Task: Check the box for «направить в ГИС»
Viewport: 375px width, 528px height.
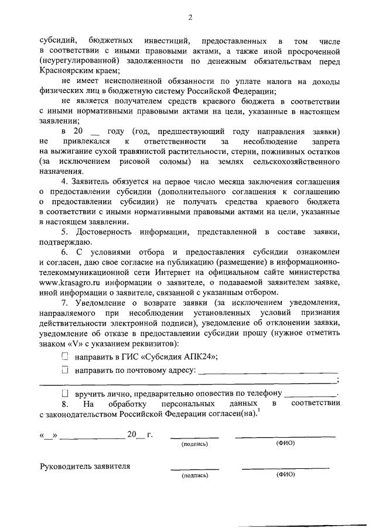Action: tap(65, 356)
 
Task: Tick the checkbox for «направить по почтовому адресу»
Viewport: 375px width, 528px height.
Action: tap(65, 369)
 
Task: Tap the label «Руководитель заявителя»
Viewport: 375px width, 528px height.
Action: tap(84, 467)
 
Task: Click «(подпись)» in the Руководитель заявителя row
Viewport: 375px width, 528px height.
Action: tap(195, 475)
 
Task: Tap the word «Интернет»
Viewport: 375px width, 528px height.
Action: tap(169, 273)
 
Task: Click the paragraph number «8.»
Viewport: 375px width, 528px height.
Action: tap(66, 404)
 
